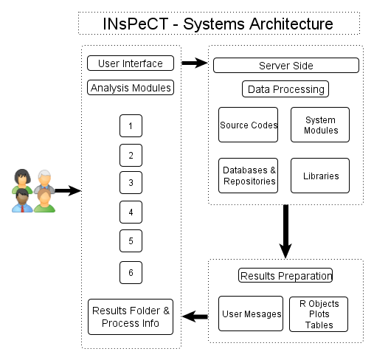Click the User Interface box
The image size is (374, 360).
131,63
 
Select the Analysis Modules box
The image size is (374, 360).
131,87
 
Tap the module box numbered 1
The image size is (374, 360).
131,125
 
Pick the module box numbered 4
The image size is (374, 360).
131,212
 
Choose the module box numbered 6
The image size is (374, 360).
131,272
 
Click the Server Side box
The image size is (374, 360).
286,66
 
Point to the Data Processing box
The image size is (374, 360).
285,89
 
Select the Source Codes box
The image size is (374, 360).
248,125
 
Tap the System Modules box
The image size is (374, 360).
320,125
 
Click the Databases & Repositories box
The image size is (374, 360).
248,176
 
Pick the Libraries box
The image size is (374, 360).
320,176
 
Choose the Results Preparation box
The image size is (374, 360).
285,275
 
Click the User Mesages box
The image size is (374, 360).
251,314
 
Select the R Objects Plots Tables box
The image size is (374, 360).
319,314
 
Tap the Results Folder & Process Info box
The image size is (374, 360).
131,316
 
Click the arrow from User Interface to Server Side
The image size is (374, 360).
195,63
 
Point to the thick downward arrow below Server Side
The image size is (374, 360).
285,231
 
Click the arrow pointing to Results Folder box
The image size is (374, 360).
195,316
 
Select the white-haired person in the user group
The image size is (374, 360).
44,181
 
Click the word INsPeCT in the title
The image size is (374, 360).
136,24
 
